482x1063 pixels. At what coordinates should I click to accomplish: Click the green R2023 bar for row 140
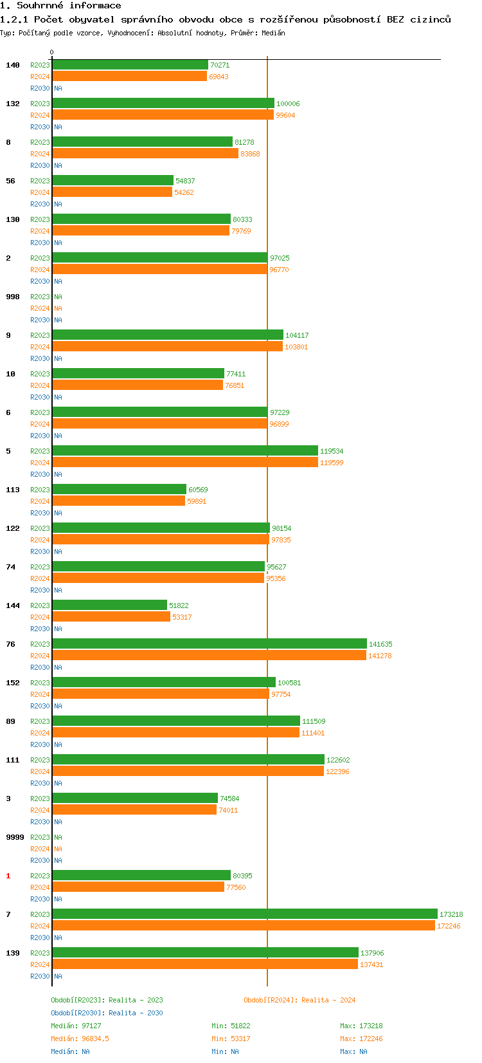click(130, 65)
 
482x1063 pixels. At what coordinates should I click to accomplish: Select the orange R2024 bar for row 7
click(244, 926)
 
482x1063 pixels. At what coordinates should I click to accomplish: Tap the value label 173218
click(451, 914)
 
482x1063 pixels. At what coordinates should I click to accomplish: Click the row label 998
click(13, 297)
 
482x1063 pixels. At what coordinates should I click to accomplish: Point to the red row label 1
click(8, 876)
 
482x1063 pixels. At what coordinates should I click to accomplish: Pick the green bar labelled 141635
click(210, 644)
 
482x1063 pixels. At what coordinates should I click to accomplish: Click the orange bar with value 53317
click(111, 617)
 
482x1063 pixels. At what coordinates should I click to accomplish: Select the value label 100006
click(288, 104)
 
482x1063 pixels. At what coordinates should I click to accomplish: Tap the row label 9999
click(15, 837)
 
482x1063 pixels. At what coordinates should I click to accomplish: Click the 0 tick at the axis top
click(52, 53)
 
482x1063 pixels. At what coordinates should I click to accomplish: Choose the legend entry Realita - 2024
click(299, 1000)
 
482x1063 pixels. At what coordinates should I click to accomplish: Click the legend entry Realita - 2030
click(107, 1013)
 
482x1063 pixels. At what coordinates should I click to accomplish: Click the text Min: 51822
click(231, 1026)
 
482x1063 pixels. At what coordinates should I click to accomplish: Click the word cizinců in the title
click(431, 19)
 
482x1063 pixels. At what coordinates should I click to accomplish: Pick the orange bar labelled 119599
click(185, 463)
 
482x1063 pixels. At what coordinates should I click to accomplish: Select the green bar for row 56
click(112, 181)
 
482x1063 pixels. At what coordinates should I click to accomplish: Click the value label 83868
click(250, 154)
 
